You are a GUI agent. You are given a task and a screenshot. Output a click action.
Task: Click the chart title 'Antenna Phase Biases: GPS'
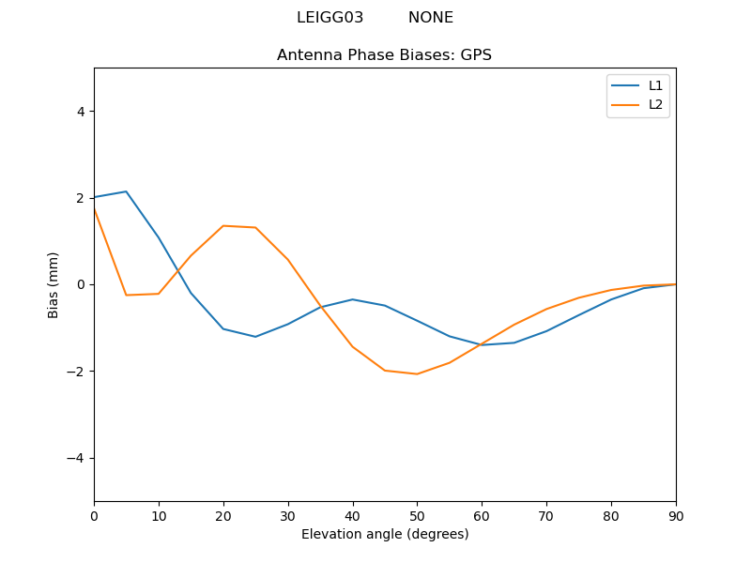384,55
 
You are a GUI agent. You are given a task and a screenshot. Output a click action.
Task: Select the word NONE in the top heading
430,18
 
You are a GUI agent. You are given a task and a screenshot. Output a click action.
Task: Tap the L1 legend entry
655,85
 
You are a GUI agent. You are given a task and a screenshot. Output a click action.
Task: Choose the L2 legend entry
655,104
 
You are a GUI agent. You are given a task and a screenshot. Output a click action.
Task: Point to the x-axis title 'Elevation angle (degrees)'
384,535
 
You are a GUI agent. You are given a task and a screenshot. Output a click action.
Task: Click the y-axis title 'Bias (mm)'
54,284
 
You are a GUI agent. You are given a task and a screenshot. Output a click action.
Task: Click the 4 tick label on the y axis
80,112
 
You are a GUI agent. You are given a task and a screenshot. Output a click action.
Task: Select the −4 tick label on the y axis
76,458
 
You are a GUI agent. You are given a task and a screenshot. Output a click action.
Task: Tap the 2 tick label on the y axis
80,198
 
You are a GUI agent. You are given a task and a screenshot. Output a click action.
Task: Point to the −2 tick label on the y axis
76,372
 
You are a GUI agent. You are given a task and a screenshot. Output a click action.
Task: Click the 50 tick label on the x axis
417,515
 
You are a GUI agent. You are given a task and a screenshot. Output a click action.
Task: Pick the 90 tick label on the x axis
675,515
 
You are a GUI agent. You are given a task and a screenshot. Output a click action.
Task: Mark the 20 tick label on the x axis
223,515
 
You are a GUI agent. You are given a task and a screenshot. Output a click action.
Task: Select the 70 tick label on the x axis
546,515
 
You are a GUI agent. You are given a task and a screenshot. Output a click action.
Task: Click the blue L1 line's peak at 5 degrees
126,191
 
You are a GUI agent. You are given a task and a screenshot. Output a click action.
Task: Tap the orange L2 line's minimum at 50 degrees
417,374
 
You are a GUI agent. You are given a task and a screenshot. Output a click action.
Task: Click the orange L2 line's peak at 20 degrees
223,225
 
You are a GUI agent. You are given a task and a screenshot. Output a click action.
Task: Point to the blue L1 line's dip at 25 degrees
255,337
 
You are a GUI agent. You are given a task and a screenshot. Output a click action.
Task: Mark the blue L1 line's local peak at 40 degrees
352,299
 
